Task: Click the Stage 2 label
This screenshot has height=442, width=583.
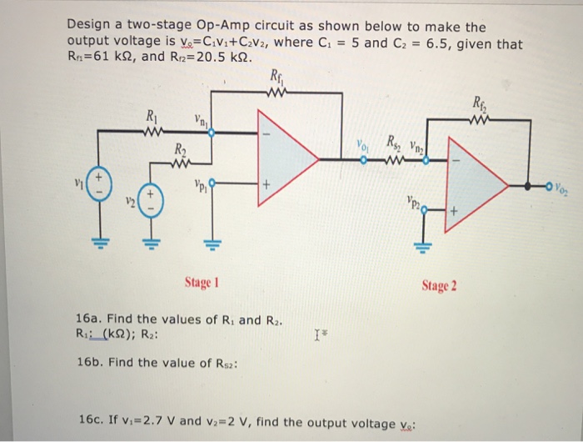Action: (440, 287)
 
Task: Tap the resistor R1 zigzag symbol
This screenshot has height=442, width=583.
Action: (150, 129)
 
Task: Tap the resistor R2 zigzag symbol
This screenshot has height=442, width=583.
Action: (181, 162)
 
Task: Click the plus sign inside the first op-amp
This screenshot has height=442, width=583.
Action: (267, 186)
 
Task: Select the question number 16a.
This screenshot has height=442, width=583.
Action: (87, 319)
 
